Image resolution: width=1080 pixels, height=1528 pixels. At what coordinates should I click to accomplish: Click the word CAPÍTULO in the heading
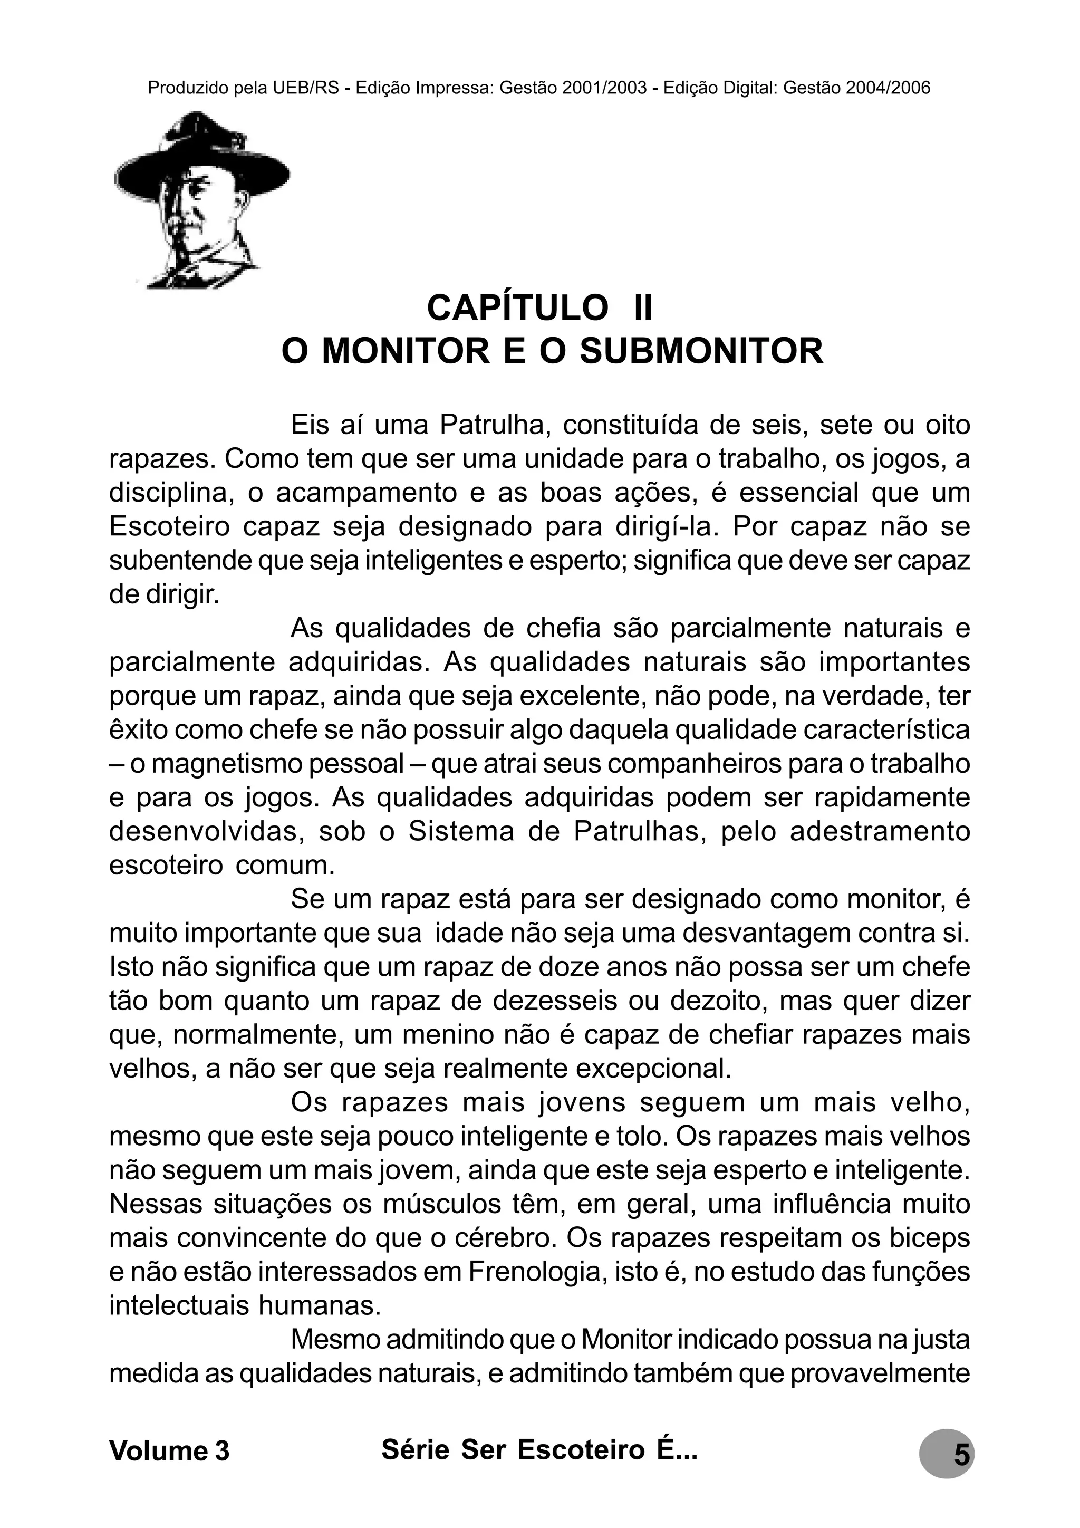tap(516, 307)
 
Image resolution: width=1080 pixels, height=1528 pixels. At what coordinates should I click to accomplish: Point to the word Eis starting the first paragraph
tap(310, 425)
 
